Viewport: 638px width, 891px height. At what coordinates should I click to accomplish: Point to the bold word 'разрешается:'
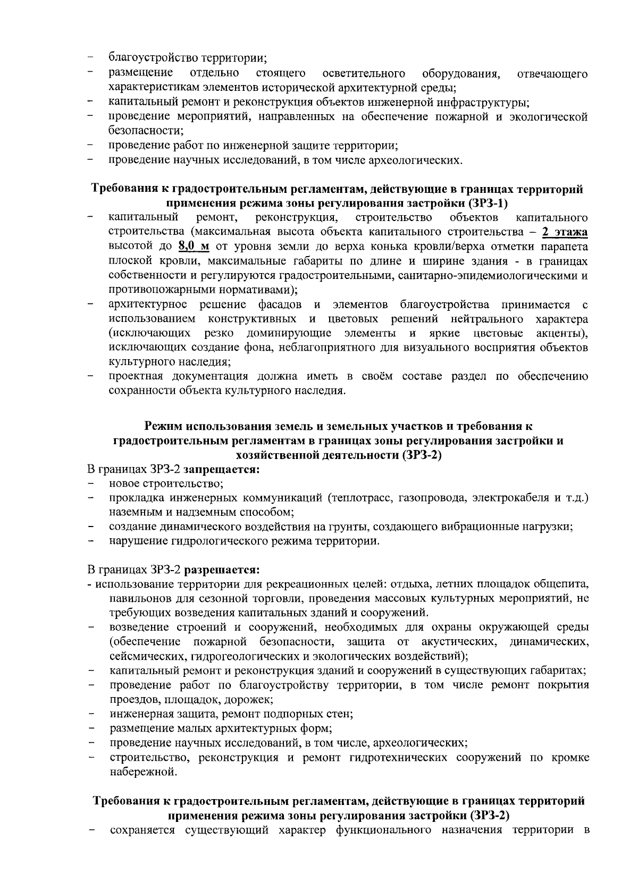click(225, 570)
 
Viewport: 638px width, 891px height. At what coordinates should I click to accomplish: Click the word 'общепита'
click(566, 584)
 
